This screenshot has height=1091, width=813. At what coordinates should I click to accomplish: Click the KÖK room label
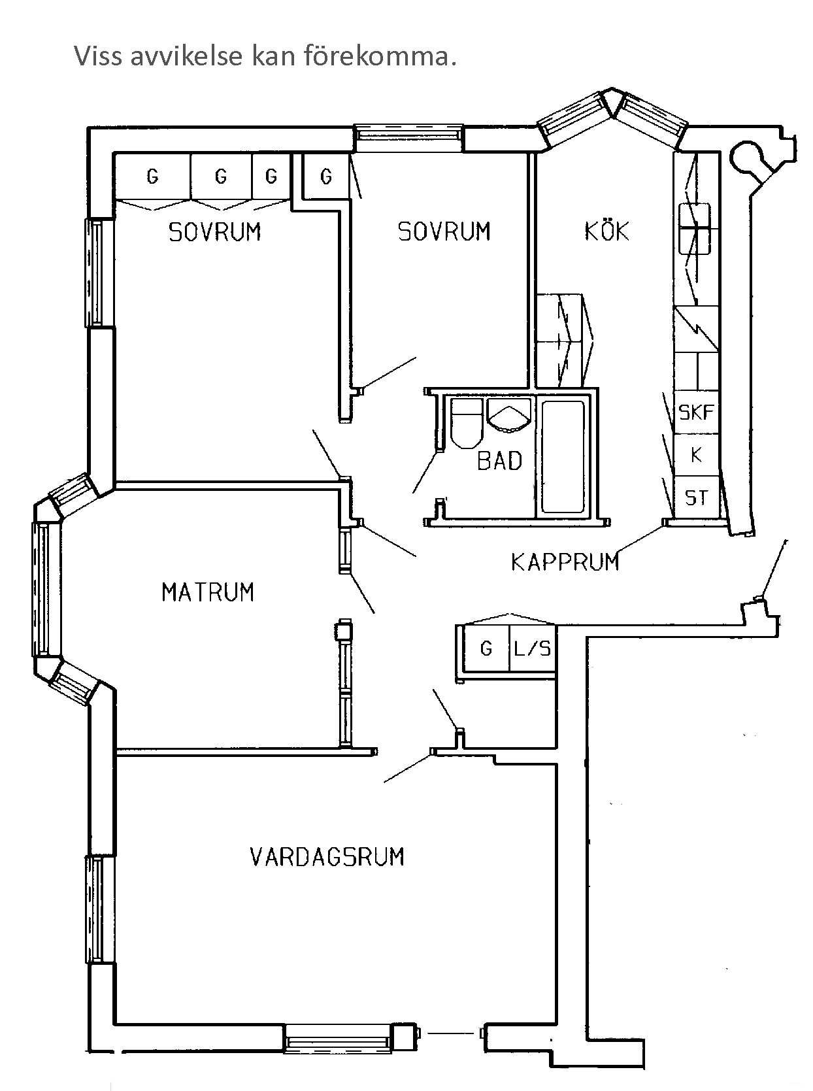click(606, 231)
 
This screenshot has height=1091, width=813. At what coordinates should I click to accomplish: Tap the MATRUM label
click(207, 592)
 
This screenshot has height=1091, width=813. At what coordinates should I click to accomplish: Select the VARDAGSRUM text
click(327, 856)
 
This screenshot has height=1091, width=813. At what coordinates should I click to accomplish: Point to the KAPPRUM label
click(565, 562)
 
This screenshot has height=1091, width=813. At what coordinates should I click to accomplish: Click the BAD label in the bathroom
click(499, 461)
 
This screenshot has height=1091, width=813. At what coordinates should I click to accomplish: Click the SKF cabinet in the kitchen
click(696, 412)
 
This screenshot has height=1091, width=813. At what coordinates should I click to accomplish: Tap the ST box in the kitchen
click(696, 498)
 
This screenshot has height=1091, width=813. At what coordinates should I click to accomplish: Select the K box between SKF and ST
click(696, 455)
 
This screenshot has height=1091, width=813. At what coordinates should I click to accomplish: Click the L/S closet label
click(533, 648)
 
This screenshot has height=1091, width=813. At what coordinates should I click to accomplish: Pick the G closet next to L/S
click(486, 648)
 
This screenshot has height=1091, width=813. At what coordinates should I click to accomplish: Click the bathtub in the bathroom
click(563, 456)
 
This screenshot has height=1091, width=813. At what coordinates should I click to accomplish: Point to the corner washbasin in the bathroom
click(509, 416)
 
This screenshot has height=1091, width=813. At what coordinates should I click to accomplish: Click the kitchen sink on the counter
click(694, 228)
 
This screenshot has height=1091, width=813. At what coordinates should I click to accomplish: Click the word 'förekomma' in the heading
click(378, 57)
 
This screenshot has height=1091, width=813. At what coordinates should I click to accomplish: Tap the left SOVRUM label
click(214, 232)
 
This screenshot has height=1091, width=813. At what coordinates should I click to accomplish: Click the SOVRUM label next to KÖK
click(444, 231)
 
